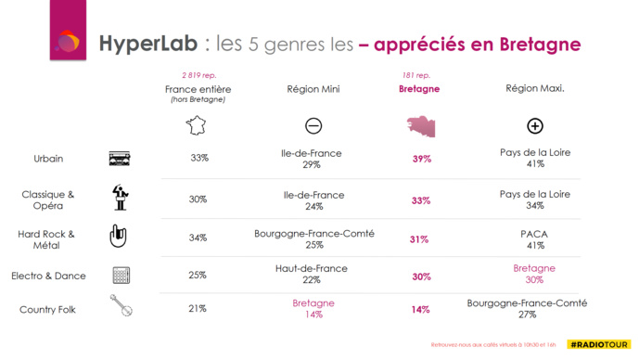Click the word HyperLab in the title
coord(150,44)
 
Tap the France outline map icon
coord(198,125)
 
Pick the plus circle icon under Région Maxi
coord(534,126)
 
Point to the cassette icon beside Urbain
coord(120,159)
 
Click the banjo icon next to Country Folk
coord(121,307)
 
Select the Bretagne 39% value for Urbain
coord(422,159)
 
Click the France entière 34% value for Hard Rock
coord(198,238)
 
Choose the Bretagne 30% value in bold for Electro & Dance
coord(422,276)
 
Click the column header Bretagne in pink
coord(420,89)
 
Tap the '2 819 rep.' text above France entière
coord(198,74)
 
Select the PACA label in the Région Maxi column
coord(534,233)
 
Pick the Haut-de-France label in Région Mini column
coord(312,268)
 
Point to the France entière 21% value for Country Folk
coord(198,308)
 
